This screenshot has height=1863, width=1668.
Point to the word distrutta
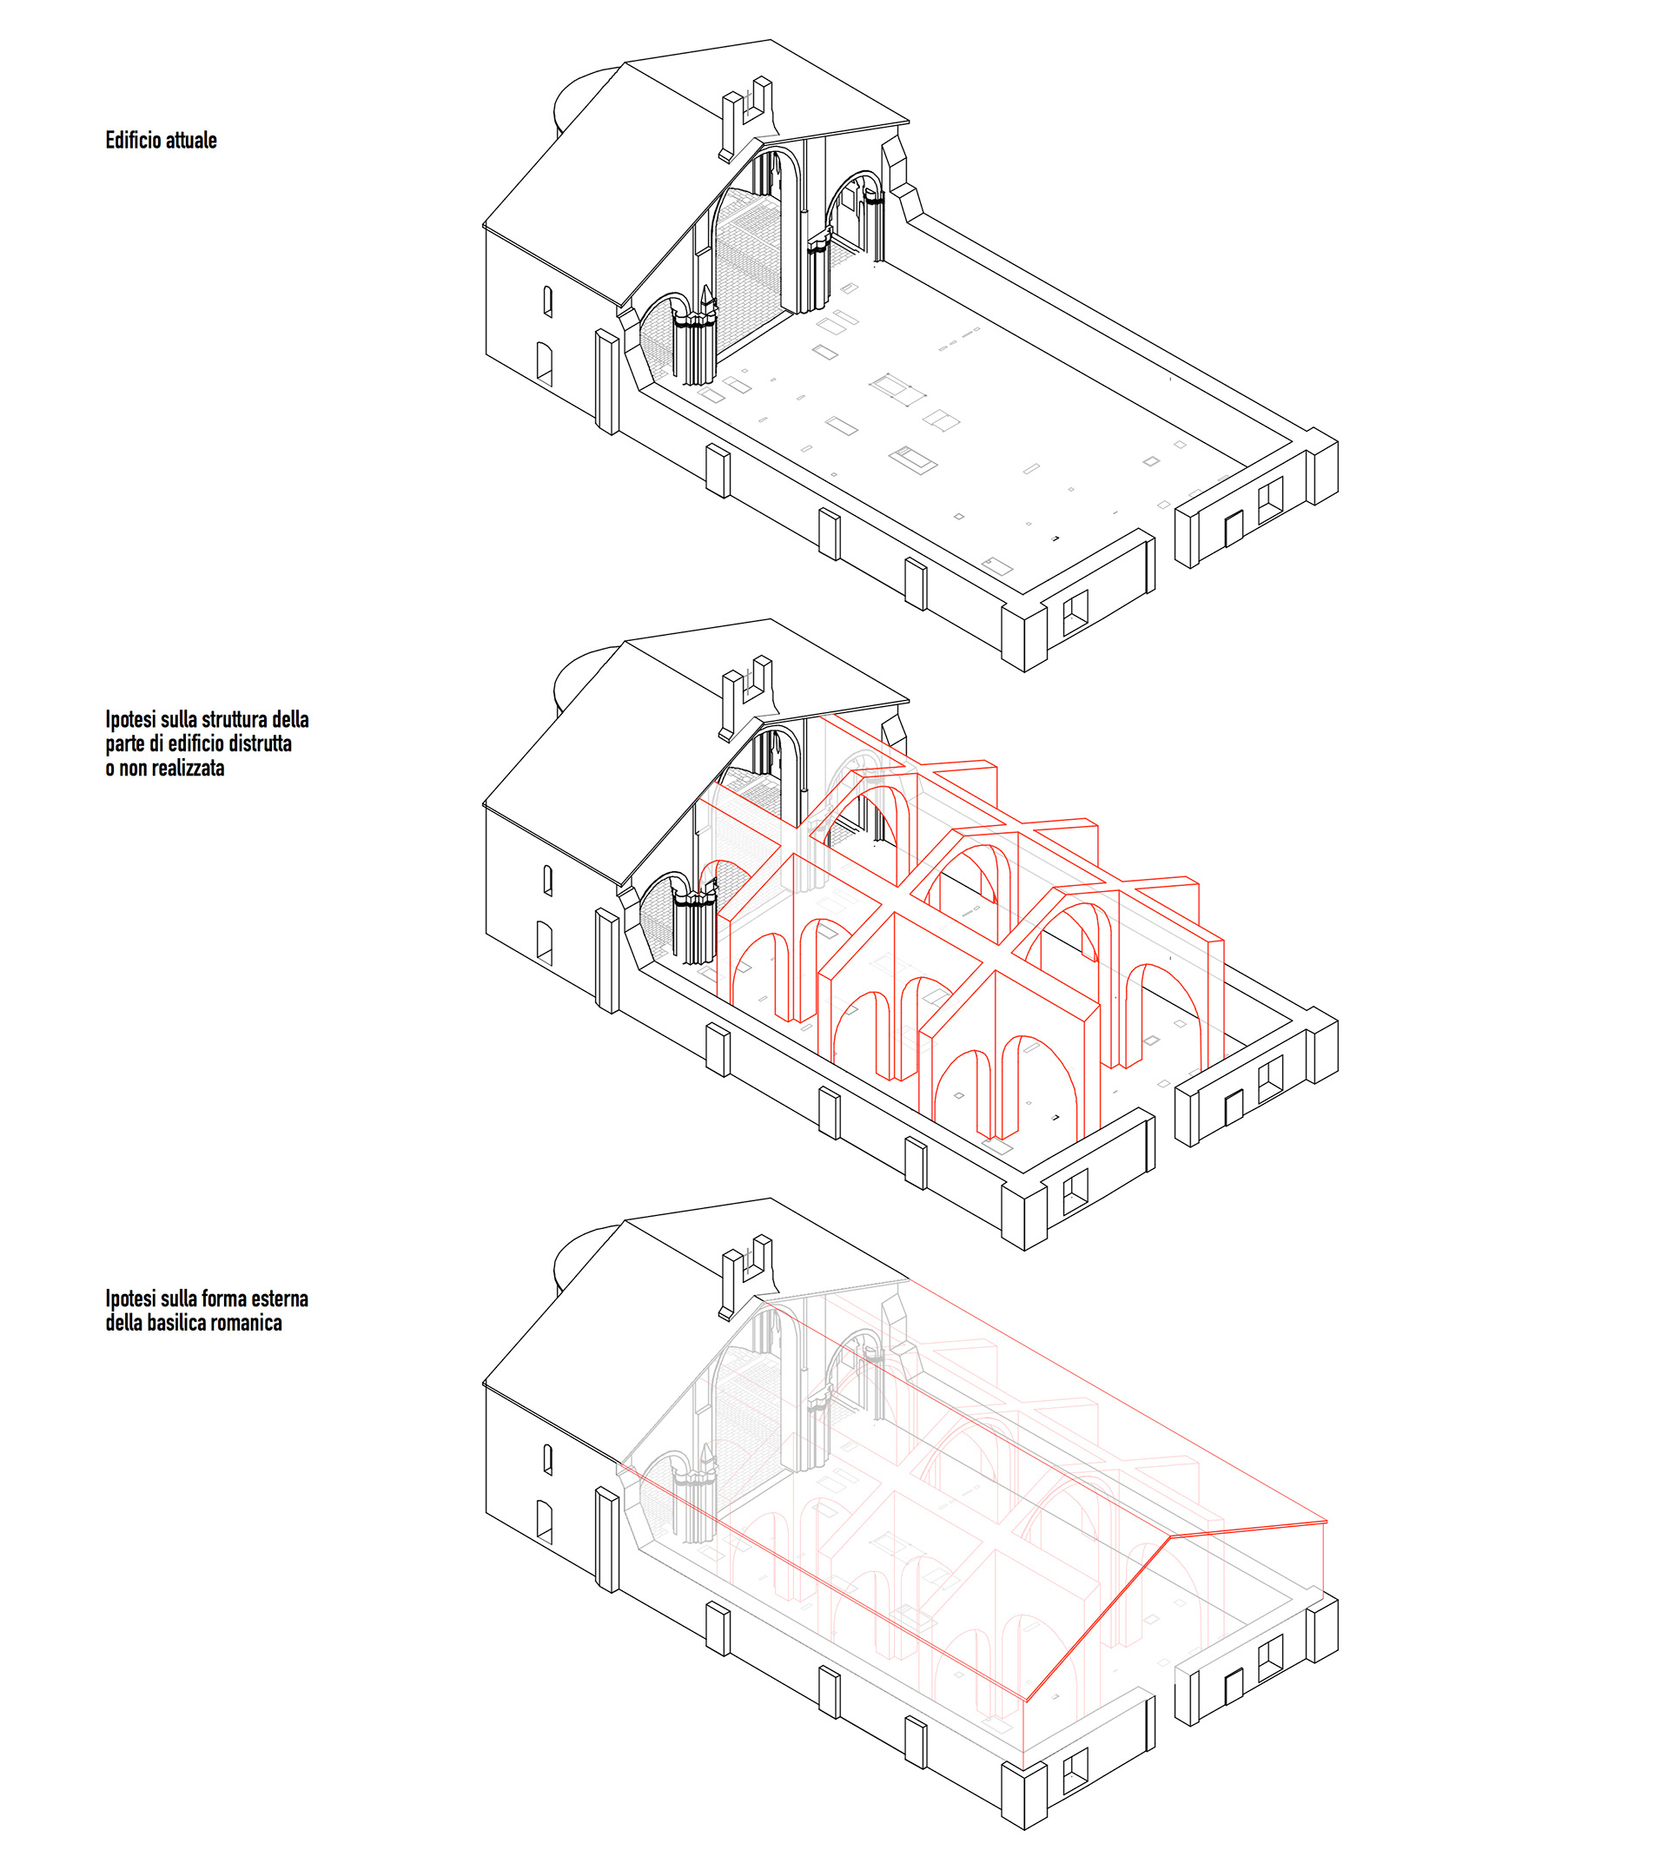point(261,743)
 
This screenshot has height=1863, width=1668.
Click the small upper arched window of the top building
point(548,301)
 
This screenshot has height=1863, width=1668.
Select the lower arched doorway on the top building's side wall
point(545,364)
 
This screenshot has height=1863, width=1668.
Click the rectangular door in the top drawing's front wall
point(1234,530)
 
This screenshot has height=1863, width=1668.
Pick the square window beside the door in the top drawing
point(1270,500)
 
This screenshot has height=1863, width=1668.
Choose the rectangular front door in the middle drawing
point(1234,1109)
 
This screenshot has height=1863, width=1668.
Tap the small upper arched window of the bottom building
point(548,1460)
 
